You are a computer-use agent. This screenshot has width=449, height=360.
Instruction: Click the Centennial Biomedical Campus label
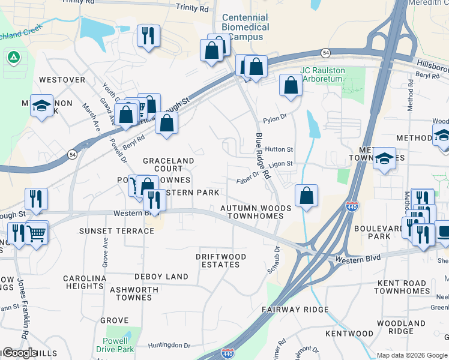point(245,27)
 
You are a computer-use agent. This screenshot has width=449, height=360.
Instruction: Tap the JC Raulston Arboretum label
point(324,74)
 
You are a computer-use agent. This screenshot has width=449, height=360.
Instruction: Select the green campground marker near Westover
point(13,58)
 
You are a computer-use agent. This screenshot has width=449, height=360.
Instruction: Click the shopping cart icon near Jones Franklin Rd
point(37,233)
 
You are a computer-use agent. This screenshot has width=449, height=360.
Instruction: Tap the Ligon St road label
point(280,164)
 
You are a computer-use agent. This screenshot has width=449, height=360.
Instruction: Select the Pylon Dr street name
point(275,120)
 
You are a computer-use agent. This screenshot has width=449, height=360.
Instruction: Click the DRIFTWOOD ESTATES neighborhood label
point(221,260)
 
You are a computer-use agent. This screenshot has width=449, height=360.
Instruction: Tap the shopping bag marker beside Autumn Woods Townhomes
point(306,196)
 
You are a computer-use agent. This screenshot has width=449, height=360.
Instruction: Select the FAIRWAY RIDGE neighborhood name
point(295,310)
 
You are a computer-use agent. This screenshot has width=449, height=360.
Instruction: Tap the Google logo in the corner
point(19,353)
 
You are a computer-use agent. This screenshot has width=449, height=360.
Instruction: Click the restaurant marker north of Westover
point(148,35)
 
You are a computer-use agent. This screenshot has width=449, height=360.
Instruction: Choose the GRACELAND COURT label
point(168,165)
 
